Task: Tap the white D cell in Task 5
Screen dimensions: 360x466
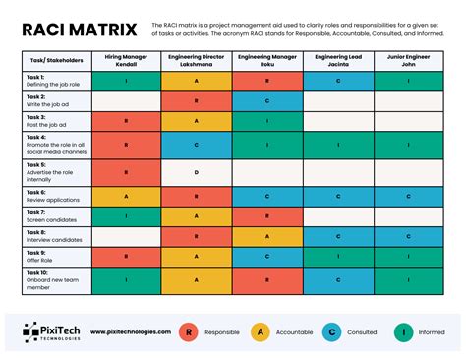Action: pos(197,172)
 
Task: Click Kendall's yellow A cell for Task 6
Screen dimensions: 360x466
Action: pos(127,196)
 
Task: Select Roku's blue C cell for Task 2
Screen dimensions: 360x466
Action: pos(267,100)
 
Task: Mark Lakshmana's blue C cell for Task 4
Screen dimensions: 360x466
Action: pos(197,145)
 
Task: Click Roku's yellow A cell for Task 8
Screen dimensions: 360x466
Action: pos(267,236)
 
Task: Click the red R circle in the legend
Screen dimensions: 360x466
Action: pos(188,332)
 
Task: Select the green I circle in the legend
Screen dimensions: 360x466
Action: pos(403,332)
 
